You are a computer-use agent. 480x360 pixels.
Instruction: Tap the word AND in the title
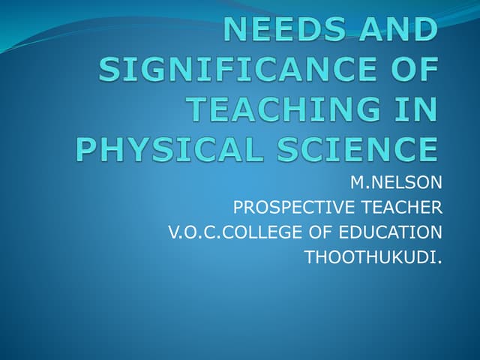(x=400, y=31)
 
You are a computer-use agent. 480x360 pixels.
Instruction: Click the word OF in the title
(x=411, y=70)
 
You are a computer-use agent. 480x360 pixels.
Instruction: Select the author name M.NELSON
(x=397, y=181)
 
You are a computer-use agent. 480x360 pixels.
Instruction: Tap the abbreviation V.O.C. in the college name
(x=190, y=232)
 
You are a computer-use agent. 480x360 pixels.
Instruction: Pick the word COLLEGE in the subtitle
(x=254, y=232)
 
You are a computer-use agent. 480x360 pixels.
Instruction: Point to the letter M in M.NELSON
(x=356, y=181)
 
